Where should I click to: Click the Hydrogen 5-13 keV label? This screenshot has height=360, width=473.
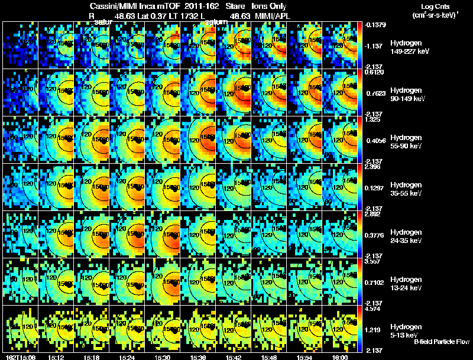tap(405, 330)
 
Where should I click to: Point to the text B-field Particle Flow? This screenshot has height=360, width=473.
tap(441, 341)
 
